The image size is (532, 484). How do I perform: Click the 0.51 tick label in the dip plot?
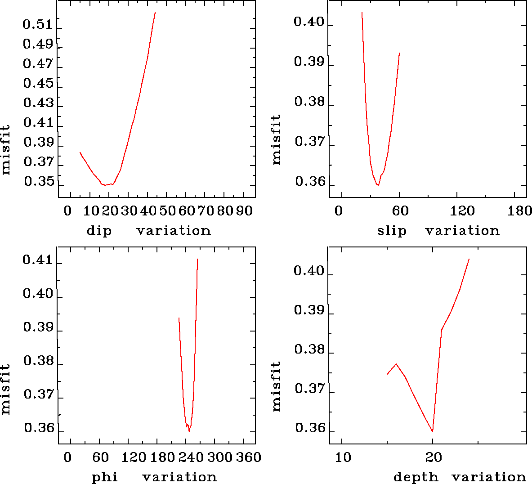coord(38,24)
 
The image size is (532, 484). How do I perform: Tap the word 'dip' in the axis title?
coord(99,231)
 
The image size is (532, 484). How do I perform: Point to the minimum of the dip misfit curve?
coord(105,185)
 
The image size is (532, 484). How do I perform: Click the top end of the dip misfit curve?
coord(155,13)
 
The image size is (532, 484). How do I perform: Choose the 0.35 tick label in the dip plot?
coord(39,182)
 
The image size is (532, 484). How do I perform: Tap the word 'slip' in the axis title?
coord(392,231)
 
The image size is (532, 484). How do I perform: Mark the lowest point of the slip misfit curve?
coord(378,185)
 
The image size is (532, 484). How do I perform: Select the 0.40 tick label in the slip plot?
coord(309,22)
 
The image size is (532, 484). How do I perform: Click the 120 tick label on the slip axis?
coord(462,211)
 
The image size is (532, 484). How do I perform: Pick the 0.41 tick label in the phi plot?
coord(38,260)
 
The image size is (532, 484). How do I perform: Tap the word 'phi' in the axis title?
coord(105,477)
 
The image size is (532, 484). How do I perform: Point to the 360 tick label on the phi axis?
coord(249,457)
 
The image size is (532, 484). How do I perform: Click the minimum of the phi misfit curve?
coord(189,432)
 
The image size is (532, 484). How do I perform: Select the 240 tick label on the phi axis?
coord(192,457)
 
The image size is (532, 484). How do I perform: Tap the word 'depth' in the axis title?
coord(416,477)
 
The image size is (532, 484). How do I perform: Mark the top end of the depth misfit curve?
coord(469,259)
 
